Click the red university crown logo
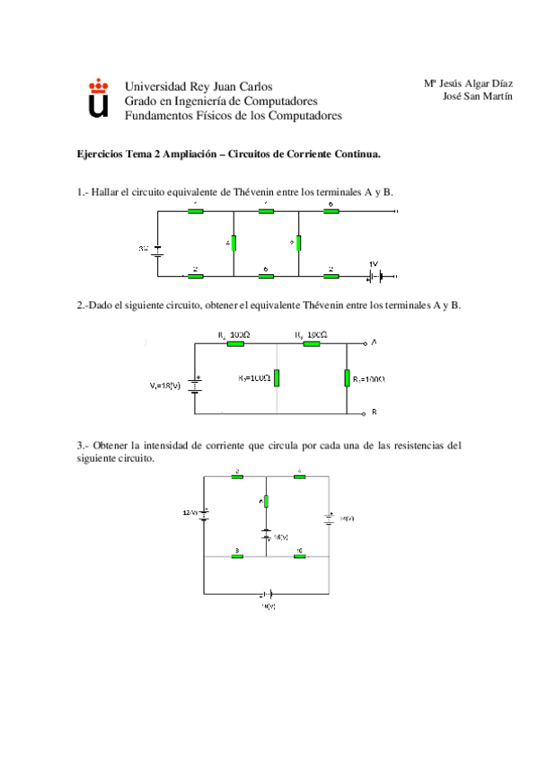tap(98, 86)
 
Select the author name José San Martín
tap(478, 97)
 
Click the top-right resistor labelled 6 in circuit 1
tap(331, 212)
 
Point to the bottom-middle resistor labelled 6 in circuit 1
tap(266, 275)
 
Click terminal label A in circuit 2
tap(374, 342)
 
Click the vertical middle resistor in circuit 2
tap(277, 377)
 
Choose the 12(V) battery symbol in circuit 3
tap(205, 515)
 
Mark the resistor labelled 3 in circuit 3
tap(237, 556)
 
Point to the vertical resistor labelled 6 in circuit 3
tap(267, 501)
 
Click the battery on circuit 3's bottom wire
tap(267, 594)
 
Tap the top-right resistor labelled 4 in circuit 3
tap(299, 476)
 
